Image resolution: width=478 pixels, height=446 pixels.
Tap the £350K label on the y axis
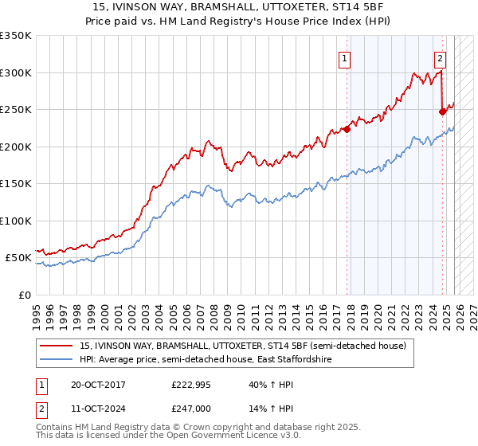tap(16, 36)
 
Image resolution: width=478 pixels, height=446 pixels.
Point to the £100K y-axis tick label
tap(16, 221)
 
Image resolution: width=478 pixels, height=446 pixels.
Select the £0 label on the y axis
tap(25, 295)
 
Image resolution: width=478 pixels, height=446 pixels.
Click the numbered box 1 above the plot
tap(345, 57)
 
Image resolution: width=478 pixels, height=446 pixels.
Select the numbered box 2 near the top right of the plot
tap(440, 57)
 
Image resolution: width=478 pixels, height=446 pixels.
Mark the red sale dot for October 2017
tap(347, 130)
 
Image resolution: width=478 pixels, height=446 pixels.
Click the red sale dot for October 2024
tap(442, 112)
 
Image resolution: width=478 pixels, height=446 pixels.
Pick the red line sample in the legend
tap(57, 346)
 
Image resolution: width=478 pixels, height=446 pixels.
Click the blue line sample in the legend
tap(57, 360)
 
